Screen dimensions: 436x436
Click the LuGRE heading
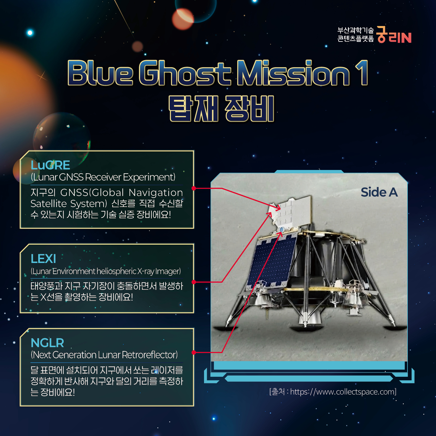point(50,165)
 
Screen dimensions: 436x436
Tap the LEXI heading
point(43,259)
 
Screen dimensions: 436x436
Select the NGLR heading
point(47,343)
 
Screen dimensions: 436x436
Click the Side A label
point(379,192)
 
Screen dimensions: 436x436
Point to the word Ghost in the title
point(185,73)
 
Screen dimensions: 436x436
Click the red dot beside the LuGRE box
point(194,188)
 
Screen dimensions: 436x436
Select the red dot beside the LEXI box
point(194,282)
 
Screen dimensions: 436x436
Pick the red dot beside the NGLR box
point(194,352)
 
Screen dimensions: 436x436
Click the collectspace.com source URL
point(343,392)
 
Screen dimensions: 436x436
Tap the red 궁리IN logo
point(394,35)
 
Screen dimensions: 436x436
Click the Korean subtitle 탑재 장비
point(221,109)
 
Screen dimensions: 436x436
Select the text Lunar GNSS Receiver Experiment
point(103,177)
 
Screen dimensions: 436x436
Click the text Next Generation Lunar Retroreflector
point(104,355)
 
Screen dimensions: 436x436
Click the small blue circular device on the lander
point(282,230)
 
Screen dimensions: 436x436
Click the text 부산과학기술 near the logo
point(356,30)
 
